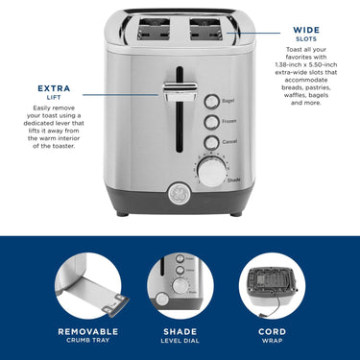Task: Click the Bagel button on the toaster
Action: pyautogui.click(x=211, y=102)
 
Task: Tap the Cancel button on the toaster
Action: pyautogui.click(x=211, y=143)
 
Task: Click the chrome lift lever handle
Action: pyautogui.click(x=180, y=91)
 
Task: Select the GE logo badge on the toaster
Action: pyautogui.click(x=180, y=193)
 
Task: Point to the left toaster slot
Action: pyautogui.click(x=154, y=30)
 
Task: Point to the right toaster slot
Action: pyautogui.click(x=206, y=30)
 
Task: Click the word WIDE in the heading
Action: pyautogui.click(x=306, y=30)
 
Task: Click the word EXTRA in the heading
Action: pyautogui.click(x=54, y=88)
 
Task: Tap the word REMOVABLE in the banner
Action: pyautogui.click(x=88, y=332)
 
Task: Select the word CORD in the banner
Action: pyautogui.click(x=272, y=332)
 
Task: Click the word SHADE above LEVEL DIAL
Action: pyautogui.click(x=180, y=332)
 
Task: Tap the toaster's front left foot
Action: pyautogui.click(x=122, y=214)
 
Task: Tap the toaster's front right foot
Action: pyautogui.click(x=236, y=214)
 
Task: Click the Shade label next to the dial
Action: pyautogui.click(x=233, y=180)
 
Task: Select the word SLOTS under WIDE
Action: pyautogui.click(x=306, y=39)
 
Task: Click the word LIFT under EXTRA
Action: pyautogui.click(x=54, y=97)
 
